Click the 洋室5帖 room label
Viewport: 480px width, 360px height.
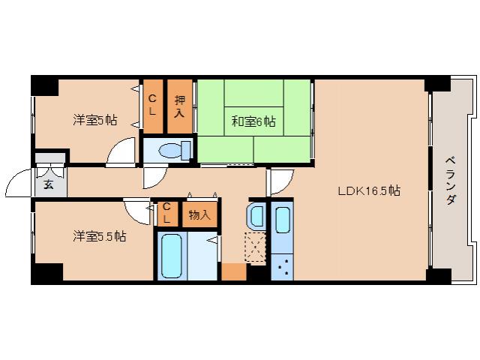pos(94,119)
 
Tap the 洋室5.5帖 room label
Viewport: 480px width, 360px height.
pos(99,236)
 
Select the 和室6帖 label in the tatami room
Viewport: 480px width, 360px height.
pos(253,119)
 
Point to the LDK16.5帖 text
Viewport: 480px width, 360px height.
pos(367,190)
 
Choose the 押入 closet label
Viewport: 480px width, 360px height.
pos(179,106)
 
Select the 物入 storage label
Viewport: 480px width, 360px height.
pos(199,214)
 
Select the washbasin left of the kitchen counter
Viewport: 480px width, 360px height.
pos(254,217)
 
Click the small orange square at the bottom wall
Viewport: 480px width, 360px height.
pos(233,271)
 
